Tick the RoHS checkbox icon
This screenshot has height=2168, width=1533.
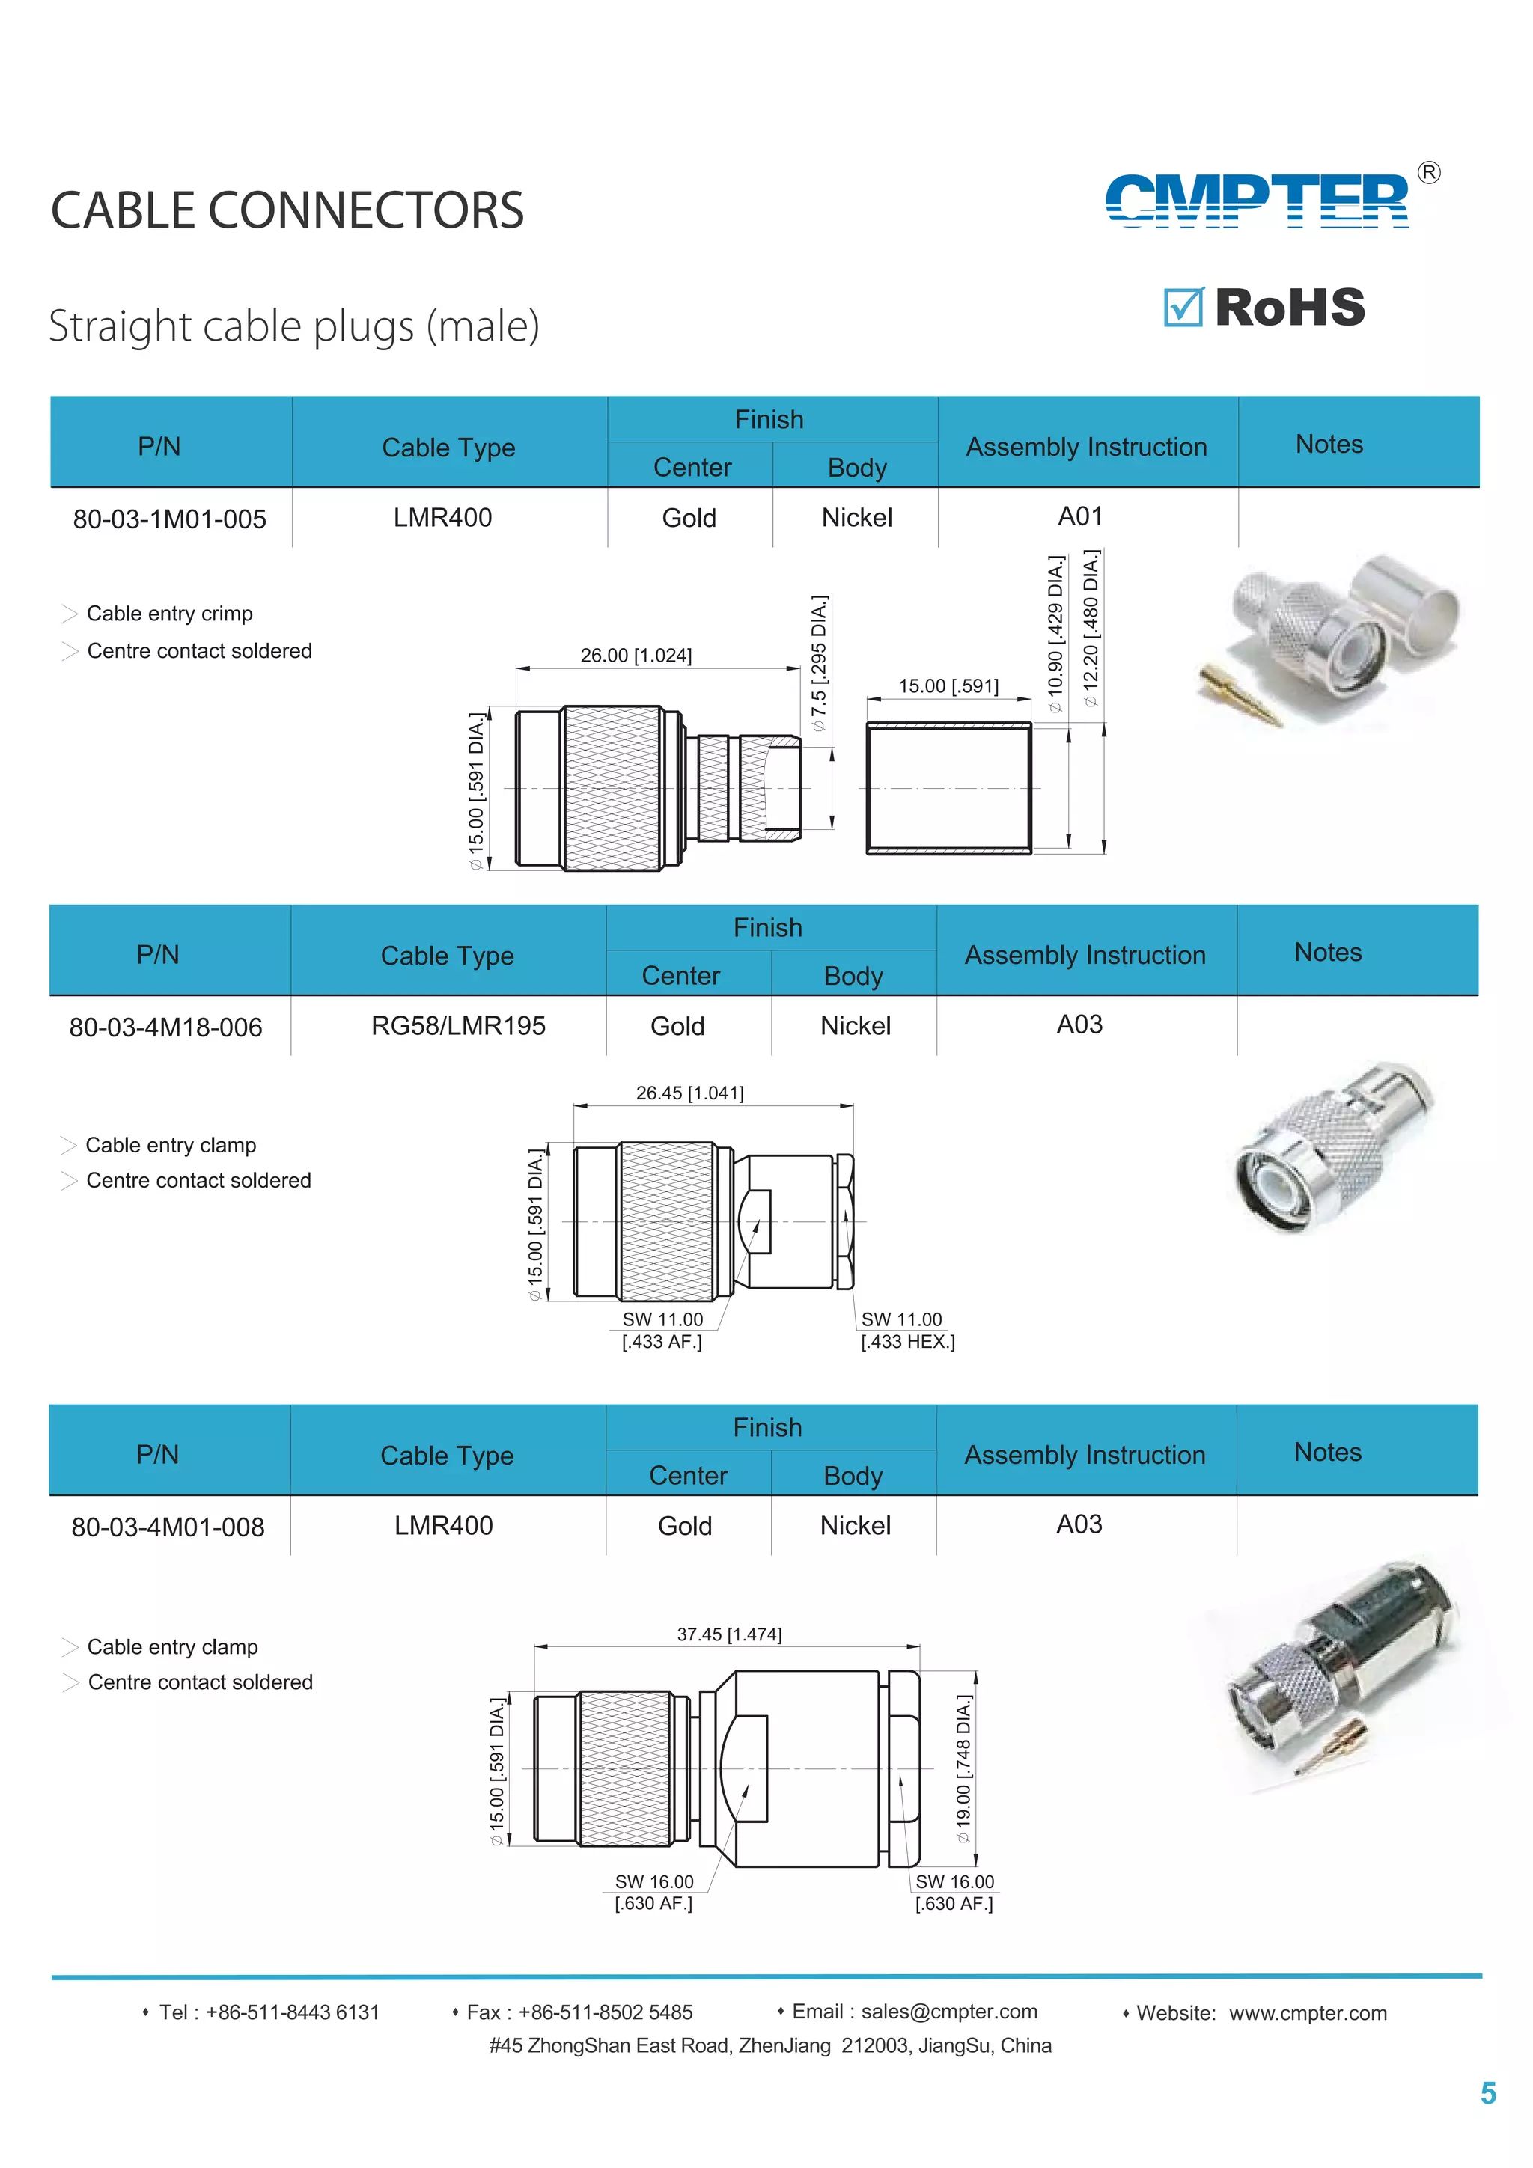[1183, 307]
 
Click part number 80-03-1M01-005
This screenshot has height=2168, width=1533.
[170, 519]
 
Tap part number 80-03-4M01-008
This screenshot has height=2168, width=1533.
[168, 1527]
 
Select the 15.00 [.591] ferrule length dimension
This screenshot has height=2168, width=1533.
[948, 686]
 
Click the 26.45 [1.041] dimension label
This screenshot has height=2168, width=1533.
[689, 1093]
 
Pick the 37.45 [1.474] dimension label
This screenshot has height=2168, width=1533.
[729, 1634]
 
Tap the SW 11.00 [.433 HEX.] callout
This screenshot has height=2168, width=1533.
[906, 1331]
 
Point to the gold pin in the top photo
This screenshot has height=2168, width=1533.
[1240, 697]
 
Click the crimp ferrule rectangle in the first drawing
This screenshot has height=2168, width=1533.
[949, 787]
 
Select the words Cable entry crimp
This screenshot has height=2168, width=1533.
[170, 614]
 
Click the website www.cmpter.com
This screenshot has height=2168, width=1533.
[1308, 2013]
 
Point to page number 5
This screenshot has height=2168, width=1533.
[1487, 2093]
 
